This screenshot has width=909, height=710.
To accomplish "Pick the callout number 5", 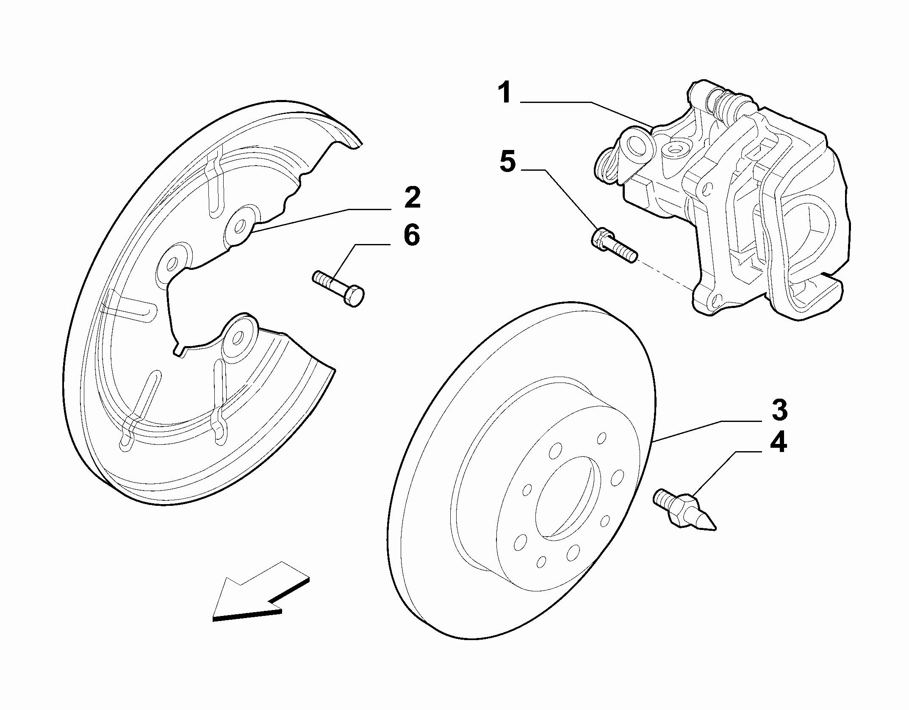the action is click(x=508, y=161).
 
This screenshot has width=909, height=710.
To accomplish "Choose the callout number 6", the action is click(x=412, y=235).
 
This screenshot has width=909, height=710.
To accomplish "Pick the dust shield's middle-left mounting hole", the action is click(x=172, y=265).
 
